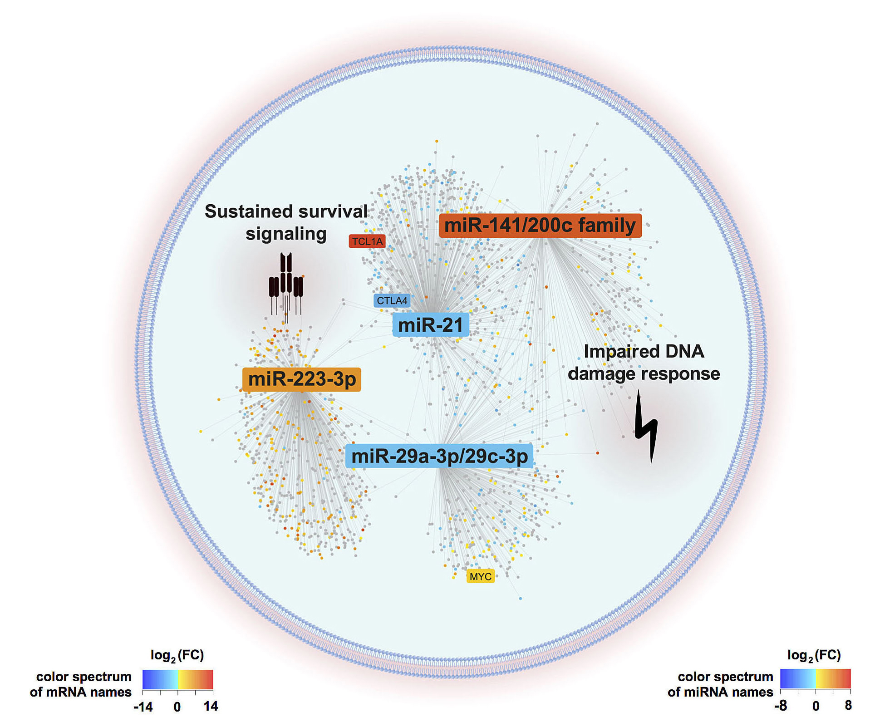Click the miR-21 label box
(430, 325)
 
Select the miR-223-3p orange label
(302, 379)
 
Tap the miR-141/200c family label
(540, 226)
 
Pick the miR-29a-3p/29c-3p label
(439, 456)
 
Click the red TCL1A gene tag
(367, 241)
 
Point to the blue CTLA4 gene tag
(392, 300)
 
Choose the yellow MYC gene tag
(480, 576)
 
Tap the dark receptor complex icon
(286, 284)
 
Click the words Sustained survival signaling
(286, 222)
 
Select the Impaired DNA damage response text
(644, 363)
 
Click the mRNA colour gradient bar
(177, 679)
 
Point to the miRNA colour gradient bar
(815, 678)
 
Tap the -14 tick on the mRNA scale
(143, 707)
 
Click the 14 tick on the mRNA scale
(211, 706)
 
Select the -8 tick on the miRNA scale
(781, 706)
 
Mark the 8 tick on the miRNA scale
(848, 705)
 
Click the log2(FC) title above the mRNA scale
(177, 655)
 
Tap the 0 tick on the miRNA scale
(816, 706)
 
